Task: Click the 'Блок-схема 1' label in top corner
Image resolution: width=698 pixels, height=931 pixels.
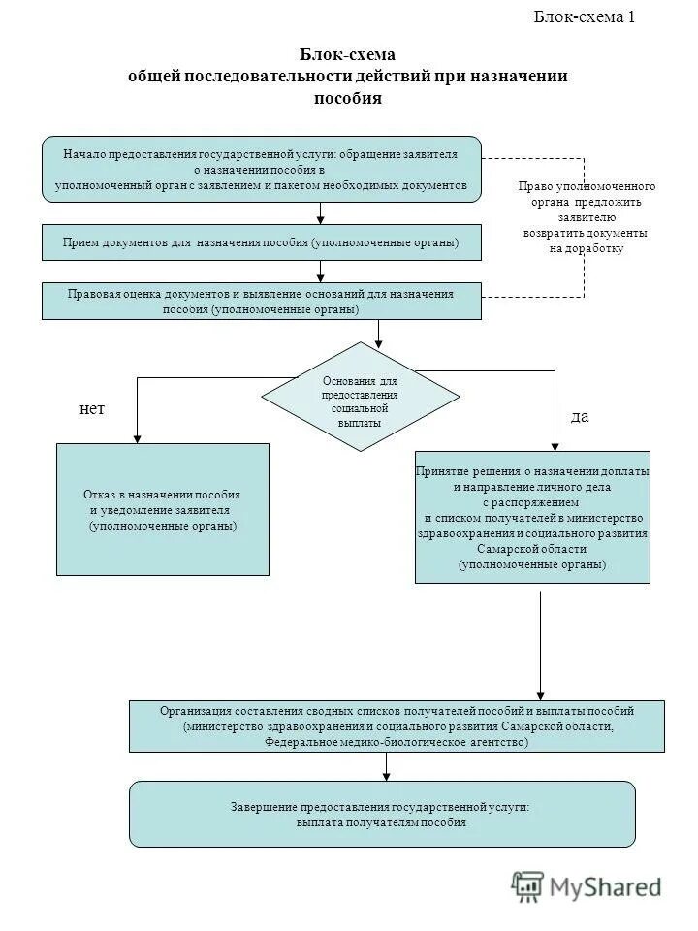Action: pos(585,16)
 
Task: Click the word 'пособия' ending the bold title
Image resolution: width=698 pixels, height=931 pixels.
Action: pos(348,98)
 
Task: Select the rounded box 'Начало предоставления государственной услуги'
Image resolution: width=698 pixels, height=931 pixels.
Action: pos(261,169)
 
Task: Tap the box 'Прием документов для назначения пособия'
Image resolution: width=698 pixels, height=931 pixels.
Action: pos(261,241)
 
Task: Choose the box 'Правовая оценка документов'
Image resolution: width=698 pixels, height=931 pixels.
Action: pos(261,301)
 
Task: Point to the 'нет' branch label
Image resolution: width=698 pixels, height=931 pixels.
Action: pos(91,409)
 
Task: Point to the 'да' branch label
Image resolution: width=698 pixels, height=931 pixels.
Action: pos(580,416)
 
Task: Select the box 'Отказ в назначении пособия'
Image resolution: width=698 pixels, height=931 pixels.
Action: pos(163,509)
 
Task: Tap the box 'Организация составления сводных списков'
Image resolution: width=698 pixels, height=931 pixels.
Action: pos(397,726)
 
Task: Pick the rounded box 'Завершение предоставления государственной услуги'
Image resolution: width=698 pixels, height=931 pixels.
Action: pos(382,815)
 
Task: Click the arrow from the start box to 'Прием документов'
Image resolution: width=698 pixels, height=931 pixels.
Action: pos(318,213)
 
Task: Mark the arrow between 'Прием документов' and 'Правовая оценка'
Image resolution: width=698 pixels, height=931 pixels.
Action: pos(318,272)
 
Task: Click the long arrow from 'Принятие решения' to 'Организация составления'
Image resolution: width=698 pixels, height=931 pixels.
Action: pos(540,645)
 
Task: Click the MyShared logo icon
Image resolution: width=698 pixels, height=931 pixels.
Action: pos(528,884)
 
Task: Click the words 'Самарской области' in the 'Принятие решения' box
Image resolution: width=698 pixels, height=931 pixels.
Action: pos(531,549)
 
